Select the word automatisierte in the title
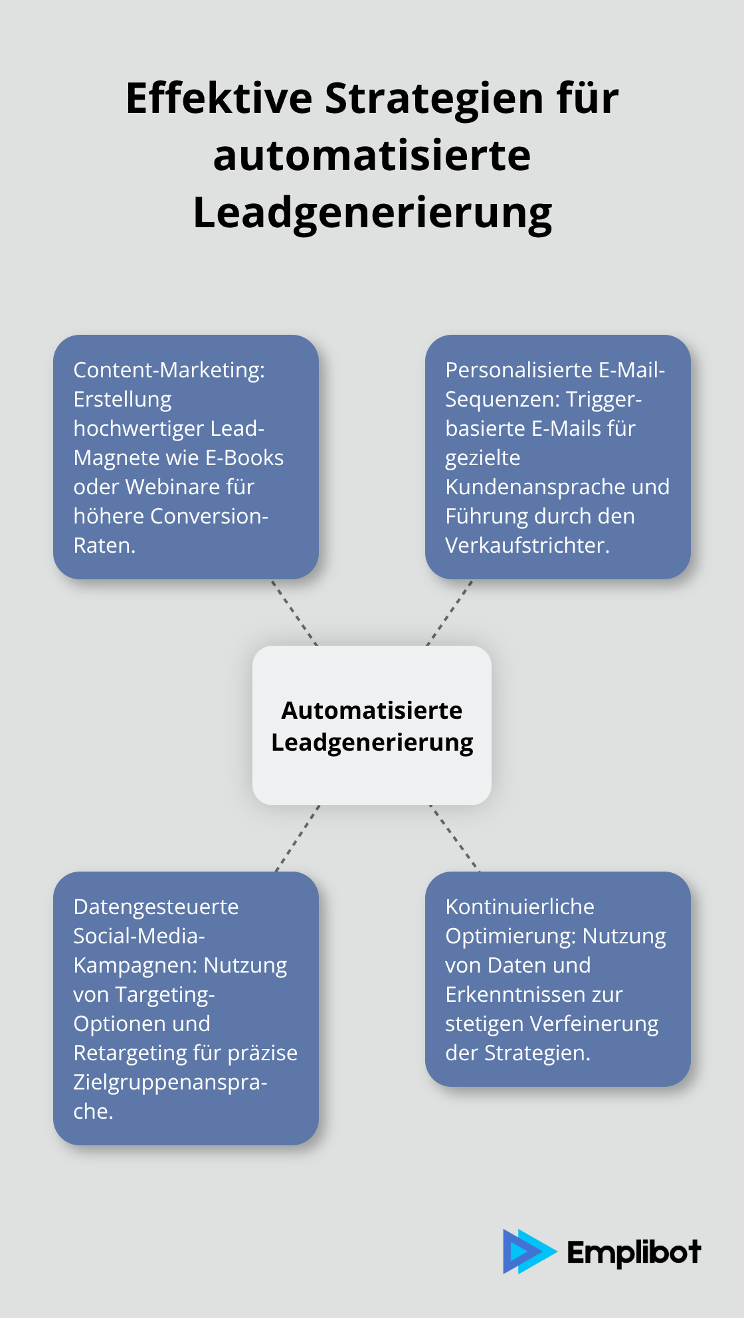372,156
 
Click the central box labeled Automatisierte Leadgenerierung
372,725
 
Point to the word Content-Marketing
169,370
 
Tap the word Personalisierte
519,370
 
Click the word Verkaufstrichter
527,545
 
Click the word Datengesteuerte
155,907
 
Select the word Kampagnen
134,965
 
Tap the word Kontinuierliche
519,907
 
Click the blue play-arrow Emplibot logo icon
527,1252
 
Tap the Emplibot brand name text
634,1253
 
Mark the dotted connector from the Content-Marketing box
294,612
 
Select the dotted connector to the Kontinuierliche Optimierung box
454,838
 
